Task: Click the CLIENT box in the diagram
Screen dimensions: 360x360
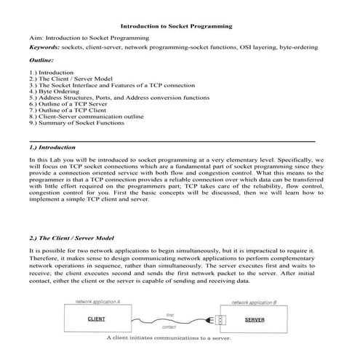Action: coord(97,319)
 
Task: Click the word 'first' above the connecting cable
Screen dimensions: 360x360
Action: coord(169,314)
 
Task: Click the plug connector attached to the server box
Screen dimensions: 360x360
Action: coord(215,319)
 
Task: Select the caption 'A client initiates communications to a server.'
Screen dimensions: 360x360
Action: coord(169,338)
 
